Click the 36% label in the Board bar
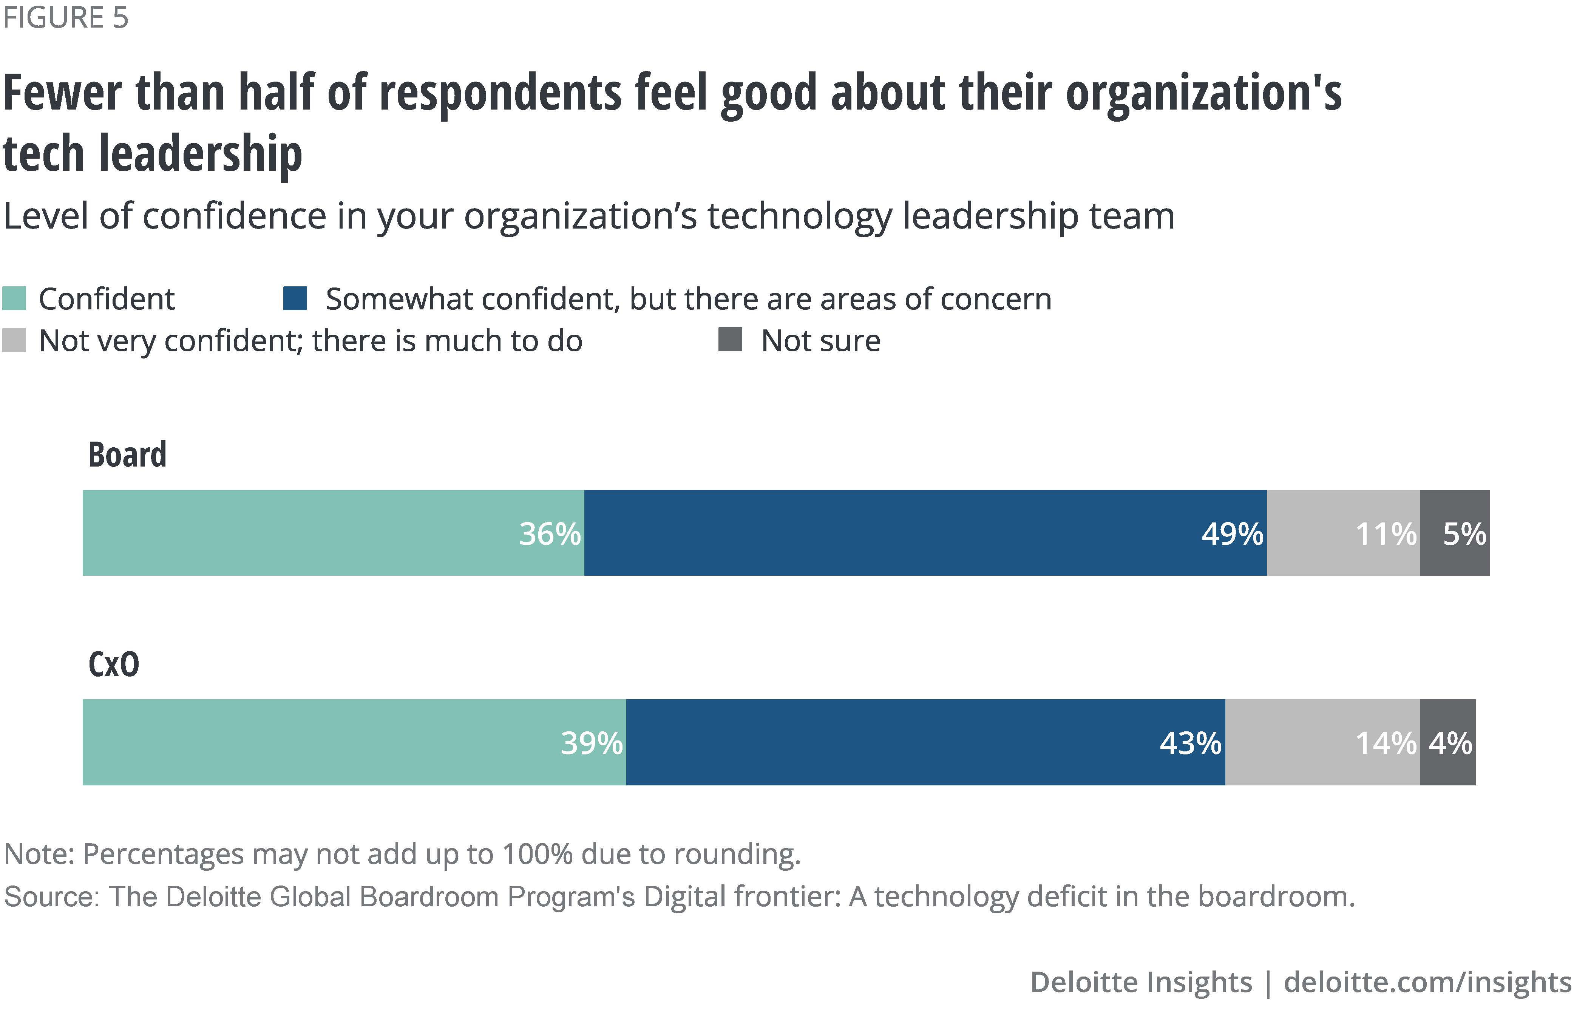click(550, 534)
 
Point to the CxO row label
click(114, 664)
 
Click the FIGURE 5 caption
click(65, 18)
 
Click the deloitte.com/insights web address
click(1427, 982)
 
